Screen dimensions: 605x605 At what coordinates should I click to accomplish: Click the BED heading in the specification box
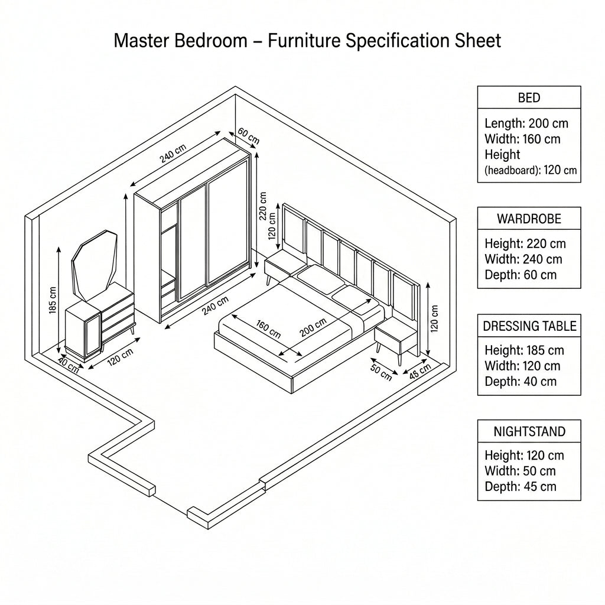529,97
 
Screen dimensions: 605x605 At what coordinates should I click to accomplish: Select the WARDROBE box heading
529,219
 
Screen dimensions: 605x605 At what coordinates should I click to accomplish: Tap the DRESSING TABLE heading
529,326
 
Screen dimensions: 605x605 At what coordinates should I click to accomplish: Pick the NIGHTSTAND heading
529,431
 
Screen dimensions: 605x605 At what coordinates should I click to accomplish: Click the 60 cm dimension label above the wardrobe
249,136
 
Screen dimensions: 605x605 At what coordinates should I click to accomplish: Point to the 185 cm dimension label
53,300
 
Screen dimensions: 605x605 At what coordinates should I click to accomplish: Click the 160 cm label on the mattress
268,328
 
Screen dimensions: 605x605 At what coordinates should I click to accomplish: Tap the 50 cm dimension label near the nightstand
381,372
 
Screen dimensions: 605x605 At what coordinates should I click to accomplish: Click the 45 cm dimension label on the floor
420,371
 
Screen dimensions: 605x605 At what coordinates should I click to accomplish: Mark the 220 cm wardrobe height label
263,206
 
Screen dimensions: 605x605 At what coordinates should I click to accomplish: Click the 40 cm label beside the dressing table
69,365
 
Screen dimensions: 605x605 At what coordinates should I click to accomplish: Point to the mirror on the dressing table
95,265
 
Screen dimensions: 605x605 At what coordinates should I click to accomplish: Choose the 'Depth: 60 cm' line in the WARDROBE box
521,275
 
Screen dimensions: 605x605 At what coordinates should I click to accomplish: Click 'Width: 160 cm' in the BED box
522,139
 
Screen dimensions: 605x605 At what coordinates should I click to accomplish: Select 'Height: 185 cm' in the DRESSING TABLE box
525,350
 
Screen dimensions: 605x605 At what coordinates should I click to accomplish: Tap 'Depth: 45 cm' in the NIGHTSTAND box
521,487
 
